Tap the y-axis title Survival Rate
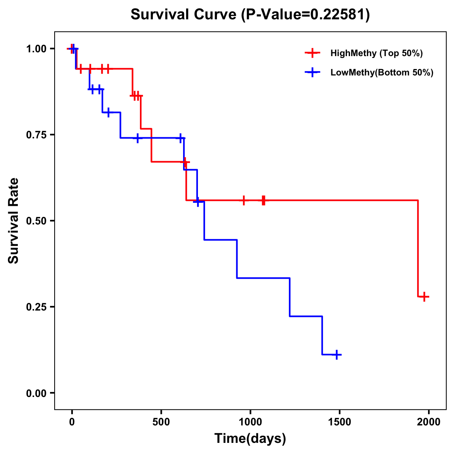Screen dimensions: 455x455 tap(14, 221)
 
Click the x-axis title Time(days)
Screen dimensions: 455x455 tap(250, 439)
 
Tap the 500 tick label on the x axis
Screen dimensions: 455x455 tap(161, 422)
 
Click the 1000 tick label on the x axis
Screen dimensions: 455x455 tap(250, 422)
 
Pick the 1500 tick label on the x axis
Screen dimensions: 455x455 tap(340, 422)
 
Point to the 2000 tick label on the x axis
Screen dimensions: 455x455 tap(429, 422)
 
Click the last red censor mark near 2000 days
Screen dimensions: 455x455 tap(425, 297)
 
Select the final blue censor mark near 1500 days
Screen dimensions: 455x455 tap(336, 355)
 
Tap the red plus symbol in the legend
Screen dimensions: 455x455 tap(312, 53)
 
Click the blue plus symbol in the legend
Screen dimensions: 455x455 tap(312, 72)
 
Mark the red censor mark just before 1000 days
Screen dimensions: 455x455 tap(244, 200)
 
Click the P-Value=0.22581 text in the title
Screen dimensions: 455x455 tap(306, 15)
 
